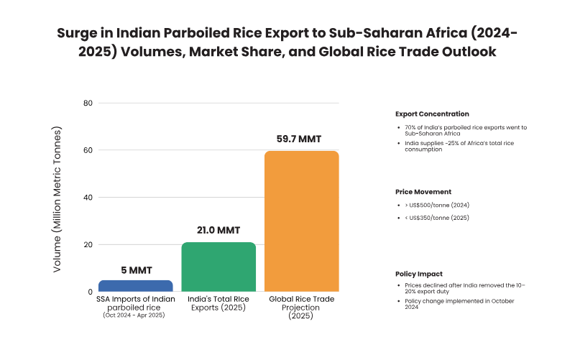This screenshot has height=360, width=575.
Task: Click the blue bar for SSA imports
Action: (x=135, y=286)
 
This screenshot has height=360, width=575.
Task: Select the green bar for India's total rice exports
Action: (x=218, y=267)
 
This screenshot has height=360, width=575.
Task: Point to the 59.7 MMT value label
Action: (x=301, y=138)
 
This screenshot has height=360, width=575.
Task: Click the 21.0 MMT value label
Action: (x=218, y=230)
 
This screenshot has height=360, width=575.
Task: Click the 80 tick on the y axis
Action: (x=88, y=103)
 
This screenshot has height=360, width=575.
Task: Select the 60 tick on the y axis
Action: (x=88, y=150)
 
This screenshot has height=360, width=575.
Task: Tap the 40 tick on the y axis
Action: (x=88, y=198)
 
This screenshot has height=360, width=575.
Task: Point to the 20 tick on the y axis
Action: (x=88, y=245)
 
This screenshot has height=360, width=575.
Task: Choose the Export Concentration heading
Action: (x=432, y=114)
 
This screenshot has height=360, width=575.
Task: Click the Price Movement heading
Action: (x=423, y=192)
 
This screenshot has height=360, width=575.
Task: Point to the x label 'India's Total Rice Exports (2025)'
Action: (x=218, y=303)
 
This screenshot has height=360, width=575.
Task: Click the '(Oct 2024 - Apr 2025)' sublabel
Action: (x=135, y=315)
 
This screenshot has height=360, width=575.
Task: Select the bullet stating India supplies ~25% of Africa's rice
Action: (x=464, y=147)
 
